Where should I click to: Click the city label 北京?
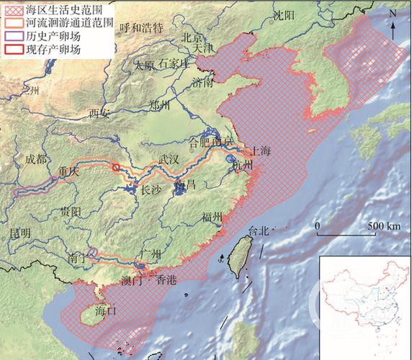pyautogui.click(x=191, y=37)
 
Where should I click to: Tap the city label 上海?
pyautogui.click(x=260, y=151)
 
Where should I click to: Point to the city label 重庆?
pyautogui.click(x=67, y=173)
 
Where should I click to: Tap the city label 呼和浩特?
pyautogui.click(x=142, y=27)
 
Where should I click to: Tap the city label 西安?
pyautogui.click(x=99, y=113)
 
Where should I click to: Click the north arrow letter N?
pyautogui.click(x=393, y=14)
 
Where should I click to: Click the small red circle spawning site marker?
pyautogui.click(x=116, y=168)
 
